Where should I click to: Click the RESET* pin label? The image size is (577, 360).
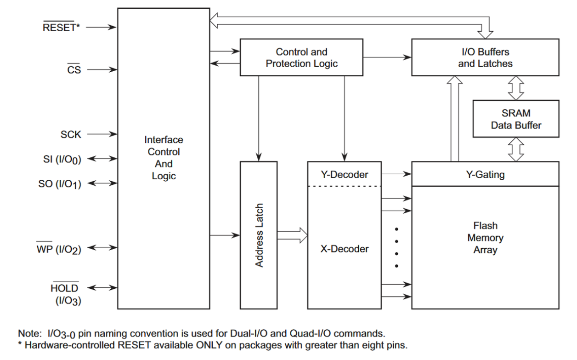61,27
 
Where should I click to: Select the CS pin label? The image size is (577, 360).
74,70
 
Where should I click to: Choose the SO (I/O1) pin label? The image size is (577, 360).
60,183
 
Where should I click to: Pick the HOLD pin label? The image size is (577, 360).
65,288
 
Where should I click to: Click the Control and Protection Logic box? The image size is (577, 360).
301,57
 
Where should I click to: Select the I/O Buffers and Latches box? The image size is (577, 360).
485,57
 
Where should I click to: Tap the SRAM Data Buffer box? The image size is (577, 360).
516,119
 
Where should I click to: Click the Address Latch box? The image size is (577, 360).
259,235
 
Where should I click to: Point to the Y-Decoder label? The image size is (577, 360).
344,174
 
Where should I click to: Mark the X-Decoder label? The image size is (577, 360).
344,249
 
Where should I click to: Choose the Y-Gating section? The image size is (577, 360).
485,174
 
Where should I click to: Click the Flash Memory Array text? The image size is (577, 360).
485,238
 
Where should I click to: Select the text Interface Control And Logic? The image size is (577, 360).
164,158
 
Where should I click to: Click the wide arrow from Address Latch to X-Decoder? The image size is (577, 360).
292,235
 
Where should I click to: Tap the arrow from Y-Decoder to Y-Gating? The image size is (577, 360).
396,174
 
